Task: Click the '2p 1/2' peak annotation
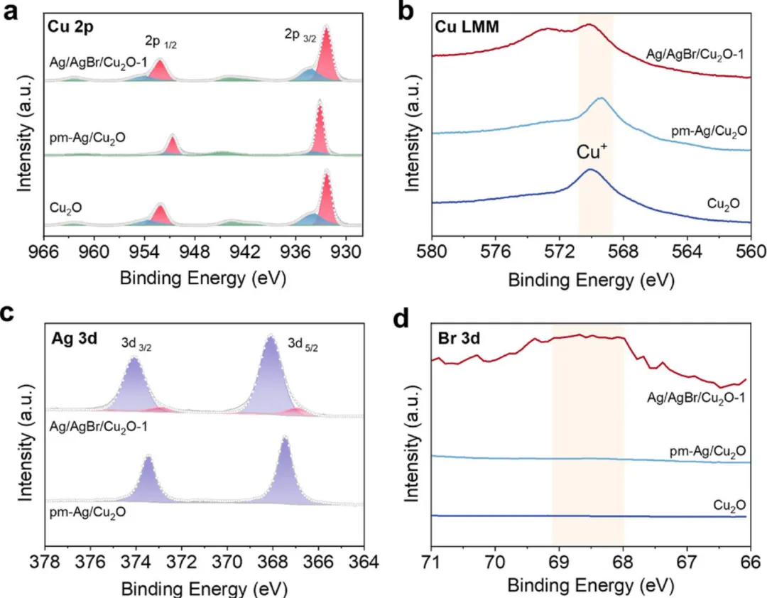click(x=162, y=41)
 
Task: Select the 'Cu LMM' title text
click(x=468, y=28)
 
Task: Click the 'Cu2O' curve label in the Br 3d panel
click(x=729, y=505)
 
